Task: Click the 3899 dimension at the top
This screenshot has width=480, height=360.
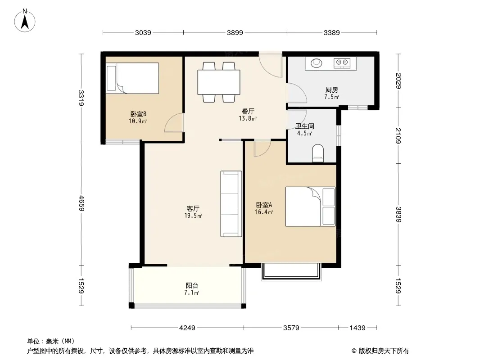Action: click(x=235, y=32)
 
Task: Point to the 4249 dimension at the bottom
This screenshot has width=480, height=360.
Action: click(x=187, y=328)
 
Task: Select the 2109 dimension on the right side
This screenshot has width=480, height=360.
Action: click(x=398, y=135)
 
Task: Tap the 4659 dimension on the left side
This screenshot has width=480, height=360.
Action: click(x=81, y=203)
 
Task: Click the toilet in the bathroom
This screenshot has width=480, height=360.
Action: click(x=318, y=153)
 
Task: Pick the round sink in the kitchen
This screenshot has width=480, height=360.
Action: click(x=317, y=63)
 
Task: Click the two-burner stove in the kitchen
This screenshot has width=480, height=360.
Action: click(x=342, y=63)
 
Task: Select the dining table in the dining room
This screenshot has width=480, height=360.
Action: click(x=218, y=82)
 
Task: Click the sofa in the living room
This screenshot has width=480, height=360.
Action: click(x=231, y=204)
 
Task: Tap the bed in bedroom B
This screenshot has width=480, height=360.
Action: click(x=132, y=78)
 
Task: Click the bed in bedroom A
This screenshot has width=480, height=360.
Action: click(x=310, y=207)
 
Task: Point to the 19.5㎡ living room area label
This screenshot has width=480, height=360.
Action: click(x=193, y=216)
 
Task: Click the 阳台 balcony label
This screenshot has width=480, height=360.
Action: click(x=192, y=285)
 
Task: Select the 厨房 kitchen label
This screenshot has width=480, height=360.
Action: click(x=332, y=90)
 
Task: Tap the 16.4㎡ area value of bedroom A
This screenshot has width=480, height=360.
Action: click(x=264, y=212)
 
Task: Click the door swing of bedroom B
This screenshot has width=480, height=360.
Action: click(x=174, y=123)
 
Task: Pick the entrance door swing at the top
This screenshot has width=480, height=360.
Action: click(x=270, y=65)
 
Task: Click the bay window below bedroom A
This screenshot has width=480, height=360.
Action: click(x=291, y=272)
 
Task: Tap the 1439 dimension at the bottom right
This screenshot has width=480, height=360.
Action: click(x=358, y=328)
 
